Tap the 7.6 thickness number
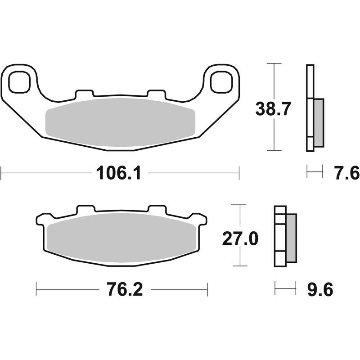pos(342,172)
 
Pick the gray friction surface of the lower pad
pos(121,237)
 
